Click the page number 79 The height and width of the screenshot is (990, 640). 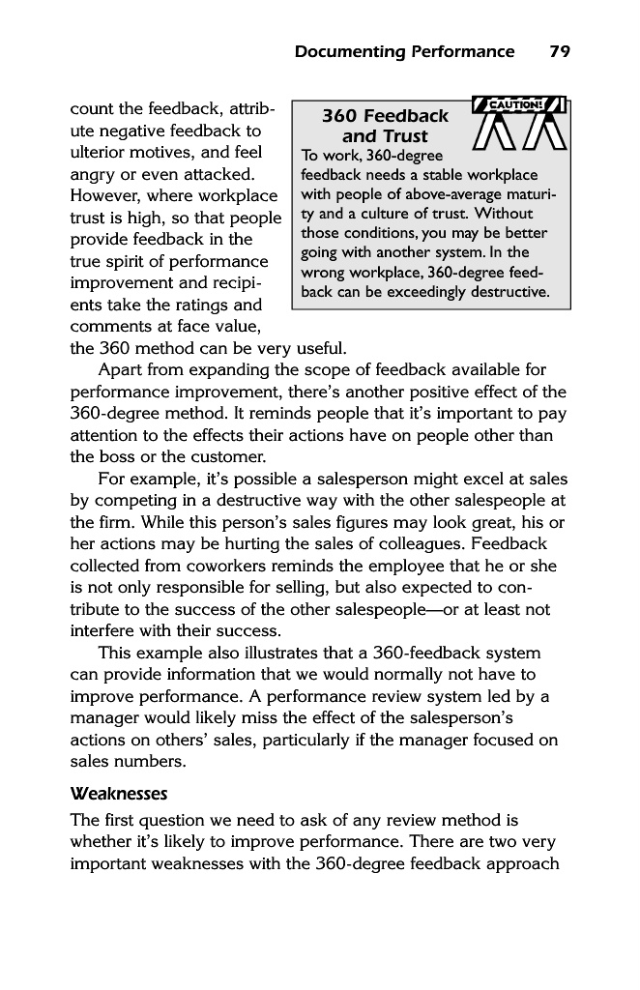[x=559, y=52]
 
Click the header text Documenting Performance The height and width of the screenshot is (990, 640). [x=404, y=52]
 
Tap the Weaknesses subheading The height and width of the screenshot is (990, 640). [x=120, y=795]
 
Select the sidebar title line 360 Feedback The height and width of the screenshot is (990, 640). [x=385, y=117]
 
